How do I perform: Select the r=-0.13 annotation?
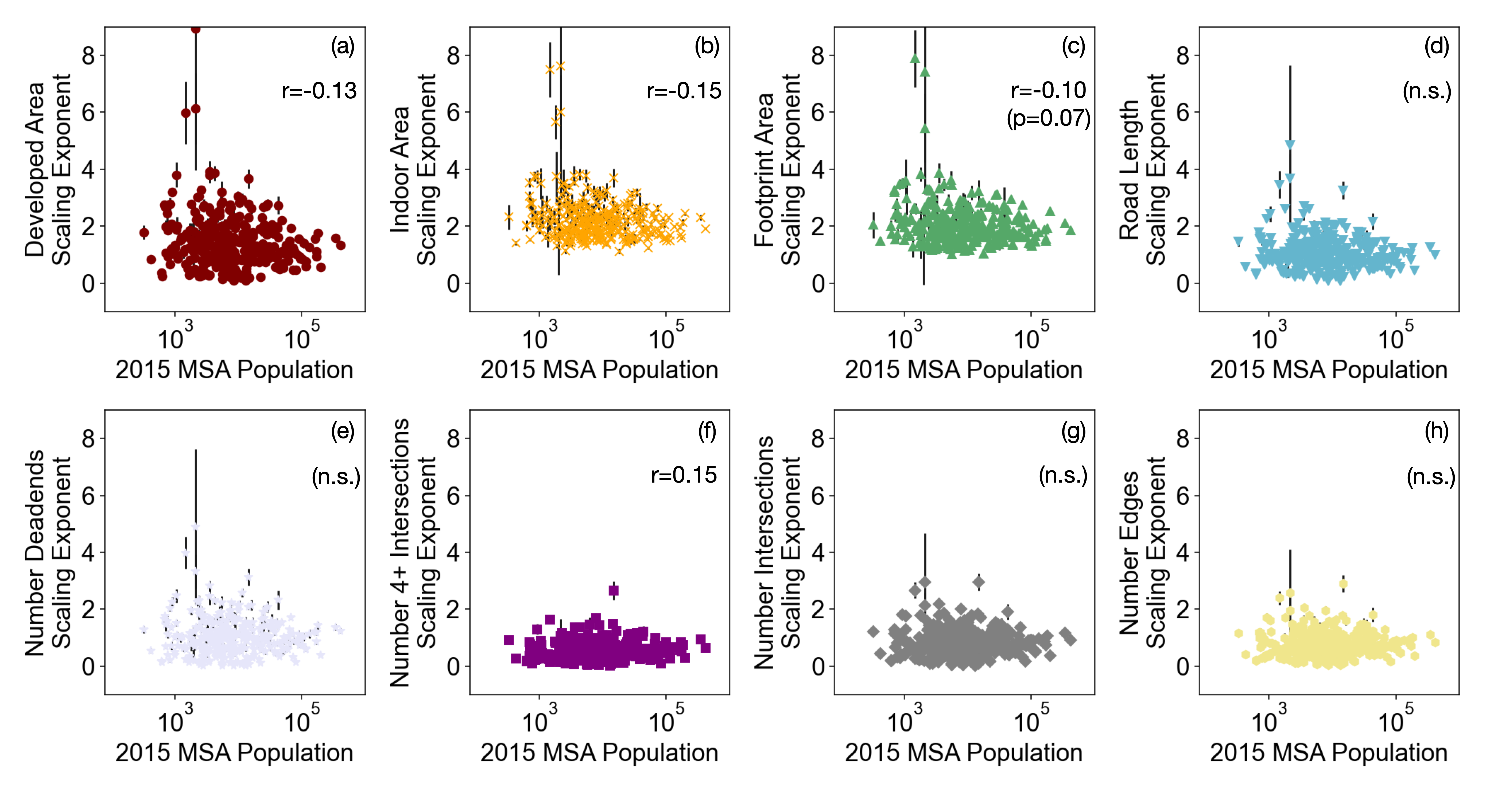click(x=319, y=91)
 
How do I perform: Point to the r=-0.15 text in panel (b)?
click(x=684, y=91)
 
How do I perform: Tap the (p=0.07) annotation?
click(x=1048, y=118)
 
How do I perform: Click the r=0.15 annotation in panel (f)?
click(x=684, y=474)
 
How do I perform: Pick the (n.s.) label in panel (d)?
click(x=1427, y=91)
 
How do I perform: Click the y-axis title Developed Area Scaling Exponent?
click(x=47, y=169)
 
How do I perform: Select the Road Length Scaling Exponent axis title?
click(x=1142, y=169)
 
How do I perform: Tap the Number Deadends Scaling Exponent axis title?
click(x=47, y=552)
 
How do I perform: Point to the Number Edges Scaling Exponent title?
click(x=1142, y=552)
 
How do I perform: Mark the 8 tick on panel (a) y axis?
click(x=88, y=56)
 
